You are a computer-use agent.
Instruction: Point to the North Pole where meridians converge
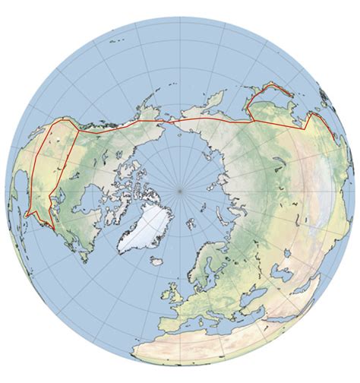tap(180, 190)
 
